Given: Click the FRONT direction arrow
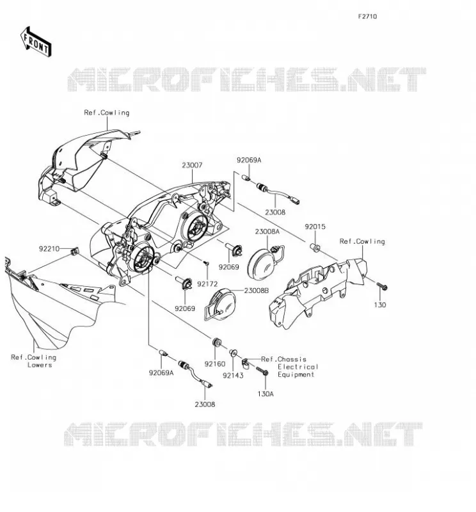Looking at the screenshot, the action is [x=36, y=42].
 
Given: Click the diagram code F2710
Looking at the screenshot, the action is [x=367, y=17].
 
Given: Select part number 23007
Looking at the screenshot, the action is [x=192, y=166].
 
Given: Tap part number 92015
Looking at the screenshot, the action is [x=315, y=227].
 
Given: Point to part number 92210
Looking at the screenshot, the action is [x=49, y=249].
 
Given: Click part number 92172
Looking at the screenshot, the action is [x=207, y=284].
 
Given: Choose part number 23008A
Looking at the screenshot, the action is [x=267, y=232].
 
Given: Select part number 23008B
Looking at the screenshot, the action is [x=257, y=291].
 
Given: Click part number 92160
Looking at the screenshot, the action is [x=215, y=364].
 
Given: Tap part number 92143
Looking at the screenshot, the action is [x=233, y=376].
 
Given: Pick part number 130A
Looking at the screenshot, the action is [x=266, y=394].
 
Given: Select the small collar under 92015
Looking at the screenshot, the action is [x=315, y=248].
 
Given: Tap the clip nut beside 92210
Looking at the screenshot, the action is [x=75, y=251].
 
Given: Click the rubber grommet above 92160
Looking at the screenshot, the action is [x=217, y=342].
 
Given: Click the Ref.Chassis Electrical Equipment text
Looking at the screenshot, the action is [x=290, y=367].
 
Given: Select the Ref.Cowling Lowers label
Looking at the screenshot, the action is [x=34, y=361].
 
